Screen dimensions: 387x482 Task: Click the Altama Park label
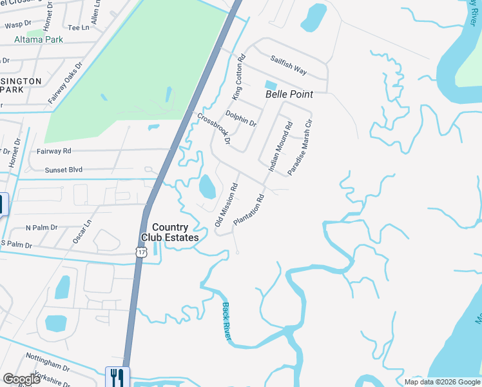(x=39, y=39)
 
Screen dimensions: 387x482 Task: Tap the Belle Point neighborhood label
(x=289, y=94)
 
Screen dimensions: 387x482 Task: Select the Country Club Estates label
(x=170, y=232)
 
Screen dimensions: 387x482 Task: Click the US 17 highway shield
(x=141, y=252)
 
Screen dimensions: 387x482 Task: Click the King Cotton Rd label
(x=238, y=77)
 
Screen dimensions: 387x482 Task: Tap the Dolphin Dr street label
(x=241, y=119)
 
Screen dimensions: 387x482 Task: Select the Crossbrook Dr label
(x=214, y=134)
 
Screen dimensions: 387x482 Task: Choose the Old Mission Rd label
(x=226, y=204)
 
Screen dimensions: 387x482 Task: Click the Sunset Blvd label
(x=64, y=170)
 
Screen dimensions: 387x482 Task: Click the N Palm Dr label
(x=41, y=228)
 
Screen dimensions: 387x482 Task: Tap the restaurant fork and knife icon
(x=117, y=377)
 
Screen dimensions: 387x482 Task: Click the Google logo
(x=21, y=379)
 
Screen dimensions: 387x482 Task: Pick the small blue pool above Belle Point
(x=271, y=85)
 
